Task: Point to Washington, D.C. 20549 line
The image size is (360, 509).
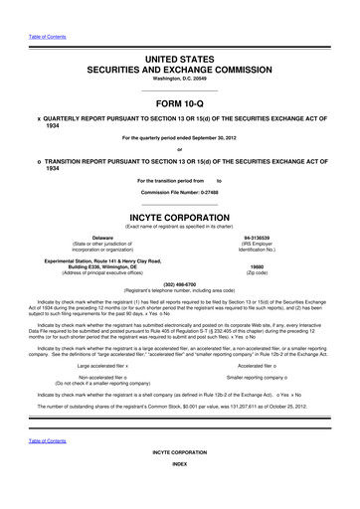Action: point(179,78)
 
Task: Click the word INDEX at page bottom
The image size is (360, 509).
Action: point(179,492)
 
